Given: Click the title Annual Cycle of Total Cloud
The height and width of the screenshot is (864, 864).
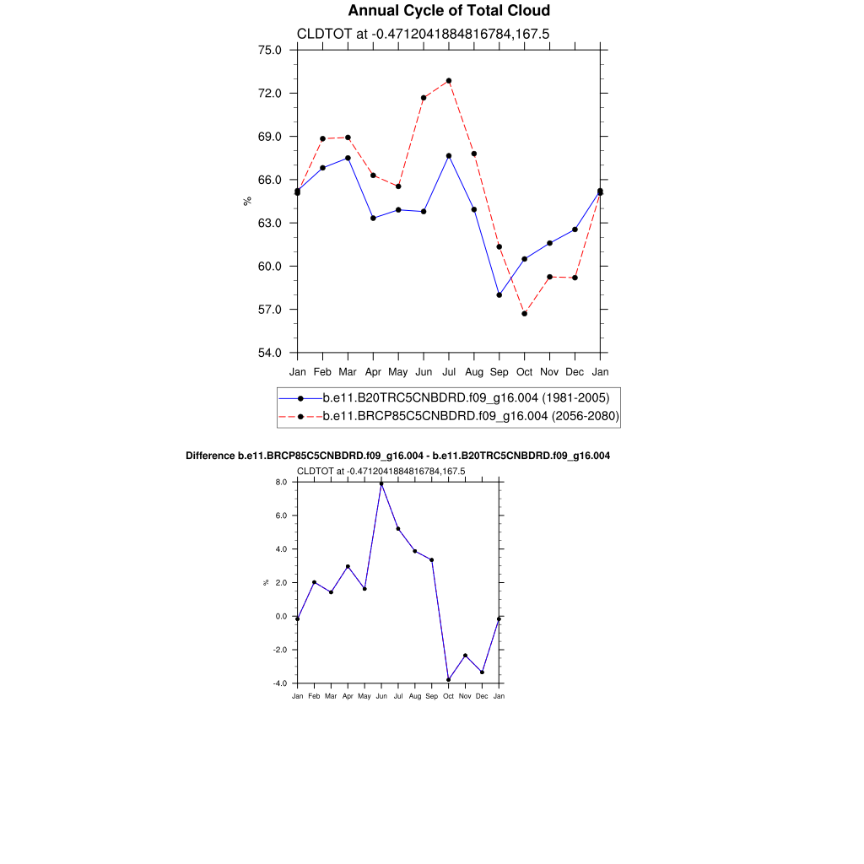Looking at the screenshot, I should tap(449, 11).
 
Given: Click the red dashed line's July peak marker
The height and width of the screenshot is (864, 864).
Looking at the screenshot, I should tap(449, 81).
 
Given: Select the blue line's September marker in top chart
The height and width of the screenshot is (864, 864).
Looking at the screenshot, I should tap(499, 295).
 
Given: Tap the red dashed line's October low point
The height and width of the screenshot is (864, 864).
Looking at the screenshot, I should tap(525, 314).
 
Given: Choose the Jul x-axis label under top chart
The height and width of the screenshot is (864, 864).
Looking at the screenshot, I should tap(449, 371).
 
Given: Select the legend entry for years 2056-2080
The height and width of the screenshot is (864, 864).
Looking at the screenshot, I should tap(471, 416).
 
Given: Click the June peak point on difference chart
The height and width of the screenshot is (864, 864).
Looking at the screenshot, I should tap(381, 484).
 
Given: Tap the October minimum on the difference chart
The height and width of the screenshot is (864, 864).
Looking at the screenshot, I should tap(449, 680).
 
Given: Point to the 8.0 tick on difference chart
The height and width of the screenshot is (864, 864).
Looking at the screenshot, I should tap(281, 482).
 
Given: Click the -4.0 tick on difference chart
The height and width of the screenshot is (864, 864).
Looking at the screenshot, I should tap(279, 683).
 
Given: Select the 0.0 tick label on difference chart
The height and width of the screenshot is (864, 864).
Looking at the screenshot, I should tap(281, 617).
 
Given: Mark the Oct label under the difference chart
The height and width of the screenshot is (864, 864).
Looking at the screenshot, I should tap(449, 697).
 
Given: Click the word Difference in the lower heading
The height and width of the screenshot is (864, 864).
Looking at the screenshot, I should tap(210, 456).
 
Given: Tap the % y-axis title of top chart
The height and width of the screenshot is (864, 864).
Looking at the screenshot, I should tap(247, 201).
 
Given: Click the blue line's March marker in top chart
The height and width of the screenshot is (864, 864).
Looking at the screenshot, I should tap(348, 159).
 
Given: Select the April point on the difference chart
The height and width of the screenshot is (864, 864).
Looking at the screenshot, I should tap(348, 567).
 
